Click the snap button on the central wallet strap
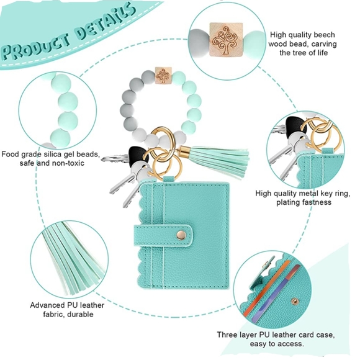182,235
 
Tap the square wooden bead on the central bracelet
163,76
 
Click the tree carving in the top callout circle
226,40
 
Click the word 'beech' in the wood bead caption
324,35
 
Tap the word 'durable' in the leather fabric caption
81,314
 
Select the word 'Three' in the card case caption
228,335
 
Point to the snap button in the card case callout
295,300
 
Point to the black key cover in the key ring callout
295,125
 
